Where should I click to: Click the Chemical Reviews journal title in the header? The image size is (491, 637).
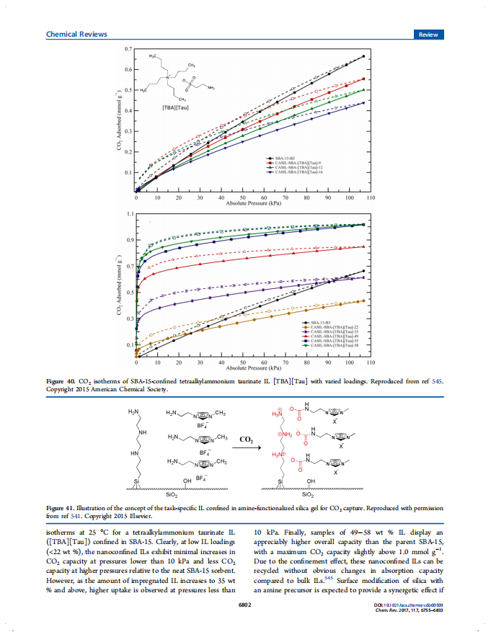tap(76, 34)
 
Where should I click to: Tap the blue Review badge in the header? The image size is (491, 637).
tap(429, 34)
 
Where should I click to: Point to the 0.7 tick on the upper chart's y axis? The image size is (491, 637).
tap(128, 48)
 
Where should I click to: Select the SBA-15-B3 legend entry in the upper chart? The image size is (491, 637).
tap(283, 157)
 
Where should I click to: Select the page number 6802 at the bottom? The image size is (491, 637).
tap(245, 605)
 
